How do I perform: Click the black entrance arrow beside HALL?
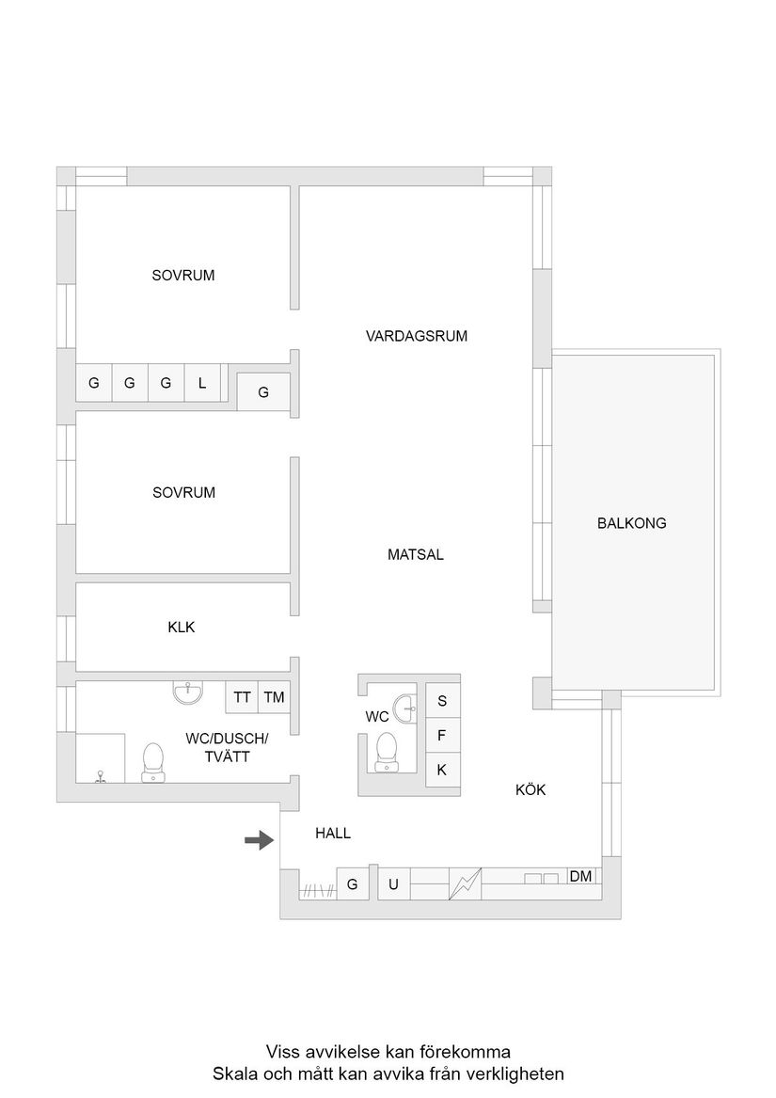click(259, 840)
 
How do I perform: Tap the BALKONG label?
click(631, 523)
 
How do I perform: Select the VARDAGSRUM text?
click(417, 335)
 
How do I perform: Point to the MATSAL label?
click(415, 555)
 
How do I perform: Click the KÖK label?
click(531, 790)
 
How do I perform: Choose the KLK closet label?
click(181, 628)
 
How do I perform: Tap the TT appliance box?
click(243, 697)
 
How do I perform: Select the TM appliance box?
click(275, 697)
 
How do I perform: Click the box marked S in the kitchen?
click(442, 701)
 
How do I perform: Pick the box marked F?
click(442, 735)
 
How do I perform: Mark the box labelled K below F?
click(442, 769)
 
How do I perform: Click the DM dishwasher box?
click(581, 876)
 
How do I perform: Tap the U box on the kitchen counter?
click(393, 884)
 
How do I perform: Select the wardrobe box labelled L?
click(202, 383)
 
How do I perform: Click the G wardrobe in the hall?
click(353, 884)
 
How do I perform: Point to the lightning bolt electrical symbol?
click(465, 884)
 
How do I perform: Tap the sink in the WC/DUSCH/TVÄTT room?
click(188, 692)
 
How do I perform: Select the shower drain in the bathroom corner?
click(100, 777)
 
